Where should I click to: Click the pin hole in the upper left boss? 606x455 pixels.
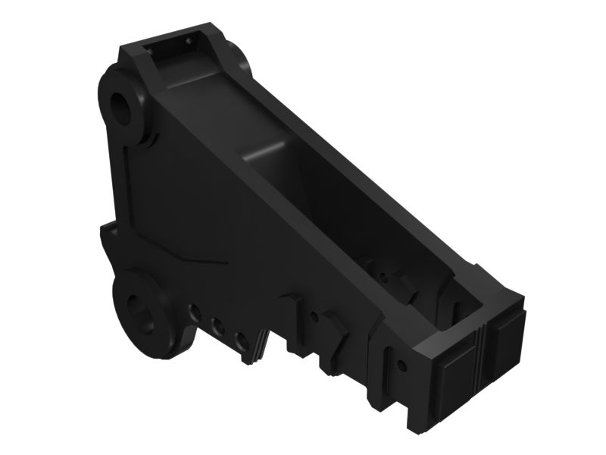click(120, 104)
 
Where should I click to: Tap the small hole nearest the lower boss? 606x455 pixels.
click(195, 312)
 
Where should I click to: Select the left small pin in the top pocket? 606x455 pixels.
click(151, 49)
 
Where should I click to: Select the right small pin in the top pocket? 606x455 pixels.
click(187, 36)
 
